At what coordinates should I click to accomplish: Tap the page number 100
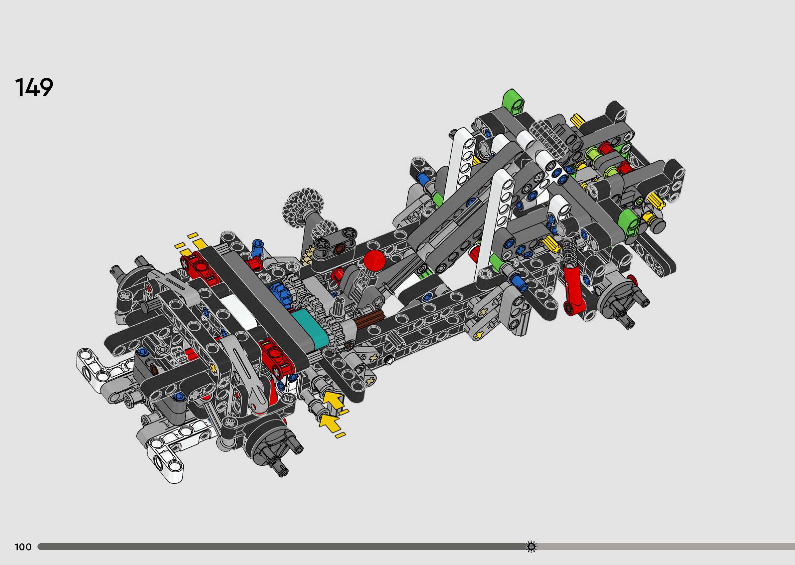click(23, 547)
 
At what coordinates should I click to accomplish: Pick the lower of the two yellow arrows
click(329, 422)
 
